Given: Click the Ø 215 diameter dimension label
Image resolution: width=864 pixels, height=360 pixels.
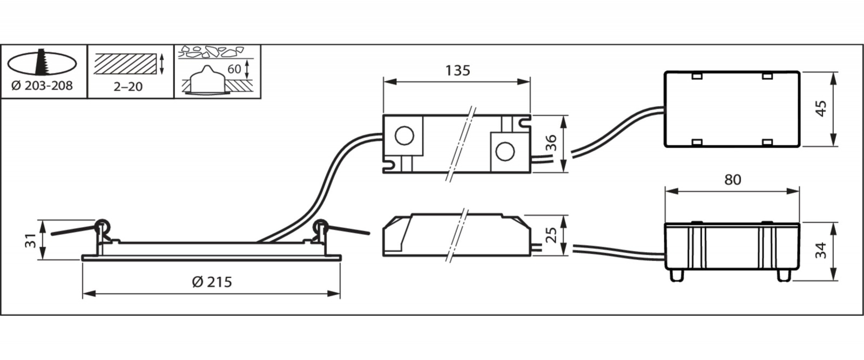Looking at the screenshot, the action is click(x=212, y=282).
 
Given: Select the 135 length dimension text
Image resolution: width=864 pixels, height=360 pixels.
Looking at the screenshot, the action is click(x=458, y=71).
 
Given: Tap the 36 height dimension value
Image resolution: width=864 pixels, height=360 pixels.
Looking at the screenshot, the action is click(x=551, y=143).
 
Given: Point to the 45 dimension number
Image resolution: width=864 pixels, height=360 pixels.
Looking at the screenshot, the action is click(x=821, y=108).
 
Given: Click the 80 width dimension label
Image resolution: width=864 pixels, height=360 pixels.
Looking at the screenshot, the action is click(x=733, y=180).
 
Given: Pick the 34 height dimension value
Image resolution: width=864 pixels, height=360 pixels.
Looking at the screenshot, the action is click(x=821, y=250).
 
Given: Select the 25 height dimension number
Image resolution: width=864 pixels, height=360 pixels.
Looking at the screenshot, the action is click(x=552, y=235).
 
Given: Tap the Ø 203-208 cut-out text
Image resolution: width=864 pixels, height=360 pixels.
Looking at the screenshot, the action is click(x=42, y=86).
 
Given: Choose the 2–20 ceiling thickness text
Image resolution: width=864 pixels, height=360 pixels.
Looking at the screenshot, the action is click(x=128, y=87).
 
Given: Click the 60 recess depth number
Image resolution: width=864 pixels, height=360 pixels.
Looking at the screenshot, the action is click(x=234, y=69).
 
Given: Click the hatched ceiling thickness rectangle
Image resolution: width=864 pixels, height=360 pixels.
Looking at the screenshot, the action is click(x=126, y=64).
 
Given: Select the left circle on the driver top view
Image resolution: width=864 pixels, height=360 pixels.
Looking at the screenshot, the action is click(x=404, y=135).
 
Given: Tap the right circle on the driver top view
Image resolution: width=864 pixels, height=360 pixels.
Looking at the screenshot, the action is click(x=505, y=152).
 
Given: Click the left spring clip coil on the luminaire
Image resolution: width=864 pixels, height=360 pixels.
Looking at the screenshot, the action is click(x=102, y=226).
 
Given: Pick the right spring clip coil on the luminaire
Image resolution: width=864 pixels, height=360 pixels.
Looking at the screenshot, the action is click(x=321, y=226).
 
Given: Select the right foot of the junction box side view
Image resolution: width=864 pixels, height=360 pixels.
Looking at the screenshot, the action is click(x=783, y=275).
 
